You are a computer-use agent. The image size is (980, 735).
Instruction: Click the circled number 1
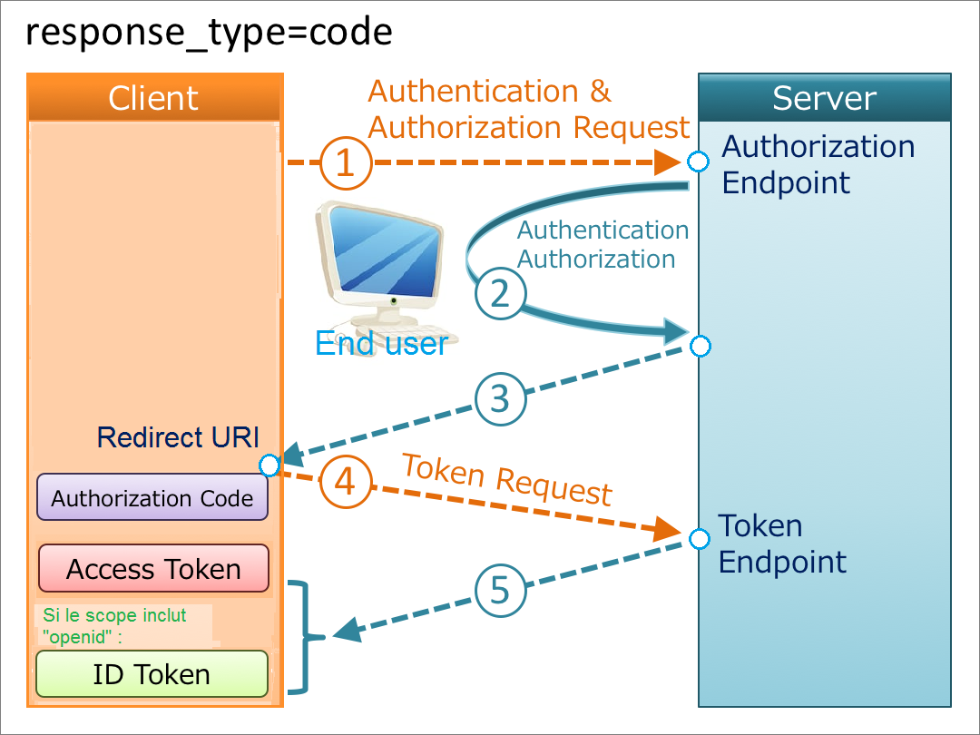pos(344,163)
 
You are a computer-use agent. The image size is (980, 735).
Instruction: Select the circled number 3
pos(500,400)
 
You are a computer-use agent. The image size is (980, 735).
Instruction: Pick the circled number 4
pos(345,482)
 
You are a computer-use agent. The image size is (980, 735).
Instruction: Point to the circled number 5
pos(500,592)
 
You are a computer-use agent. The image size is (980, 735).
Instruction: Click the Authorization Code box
pos(152,497)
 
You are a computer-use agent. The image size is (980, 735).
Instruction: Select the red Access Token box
pos(153,569)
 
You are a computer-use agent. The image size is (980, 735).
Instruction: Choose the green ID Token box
pos(152,674)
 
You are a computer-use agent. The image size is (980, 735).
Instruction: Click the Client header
pos(153,98)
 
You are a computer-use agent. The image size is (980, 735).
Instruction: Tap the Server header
pos(824,98)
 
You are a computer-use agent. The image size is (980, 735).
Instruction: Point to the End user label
pos(380,344)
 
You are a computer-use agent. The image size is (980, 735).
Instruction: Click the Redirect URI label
pos(178,437)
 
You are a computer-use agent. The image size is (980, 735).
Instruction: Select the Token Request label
pos(506,478)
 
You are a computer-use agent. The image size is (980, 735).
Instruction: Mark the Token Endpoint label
pos(781,544)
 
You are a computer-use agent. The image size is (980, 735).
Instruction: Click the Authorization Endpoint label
pos(818,164)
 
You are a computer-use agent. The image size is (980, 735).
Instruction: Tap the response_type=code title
pos(209,33)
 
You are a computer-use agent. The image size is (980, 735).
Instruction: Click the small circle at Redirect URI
pos(269,465)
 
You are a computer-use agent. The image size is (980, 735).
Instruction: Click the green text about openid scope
pos(114,625)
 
